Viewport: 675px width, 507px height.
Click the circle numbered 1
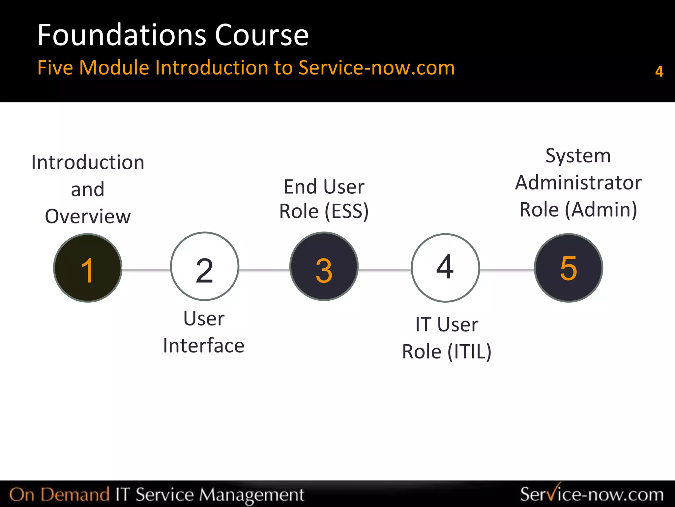click(x=88, y=268)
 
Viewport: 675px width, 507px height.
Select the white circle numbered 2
click(x=205, y=266)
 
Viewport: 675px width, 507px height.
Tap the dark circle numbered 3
click(x=324, y=266)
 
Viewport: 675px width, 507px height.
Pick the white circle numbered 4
click(x=445, y=268)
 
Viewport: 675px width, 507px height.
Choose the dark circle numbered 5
click(x=569, y=268)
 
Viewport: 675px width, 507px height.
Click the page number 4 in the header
click(x=659, y=71)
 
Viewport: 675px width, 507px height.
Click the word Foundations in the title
click(x=122, y=35)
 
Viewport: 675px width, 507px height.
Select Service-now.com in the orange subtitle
click(x=376, y=68)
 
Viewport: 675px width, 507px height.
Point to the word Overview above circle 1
click(x=88, y=217)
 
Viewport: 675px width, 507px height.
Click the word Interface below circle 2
click(x=204, y=346)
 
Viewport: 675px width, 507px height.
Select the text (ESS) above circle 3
click(x=346, y=211)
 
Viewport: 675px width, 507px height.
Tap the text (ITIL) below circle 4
click(x=469, y=352)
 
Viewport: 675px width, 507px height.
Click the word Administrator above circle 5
click(x=578, y=183)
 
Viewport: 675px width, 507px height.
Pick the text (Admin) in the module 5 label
click(x=601, y=210)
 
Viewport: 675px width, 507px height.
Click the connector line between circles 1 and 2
click(x=146, y=270)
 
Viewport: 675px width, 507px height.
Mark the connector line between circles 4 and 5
click(x=507, y=270)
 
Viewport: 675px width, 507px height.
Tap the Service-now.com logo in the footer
click(x=592, y=494)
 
